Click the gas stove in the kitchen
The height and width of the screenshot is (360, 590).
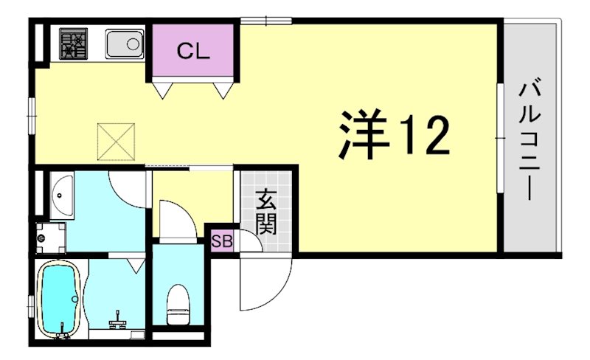click(73, 44)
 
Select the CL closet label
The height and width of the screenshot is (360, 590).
click(194, 52)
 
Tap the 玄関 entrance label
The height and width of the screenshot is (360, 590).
click(266, 212)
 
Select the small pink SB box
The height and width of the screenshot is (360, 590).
click(221, 240)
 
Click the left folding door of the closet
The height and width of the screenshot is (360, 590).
click(164, 88)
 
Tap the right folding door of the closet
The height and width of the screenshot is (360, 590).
click(223, 88)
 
